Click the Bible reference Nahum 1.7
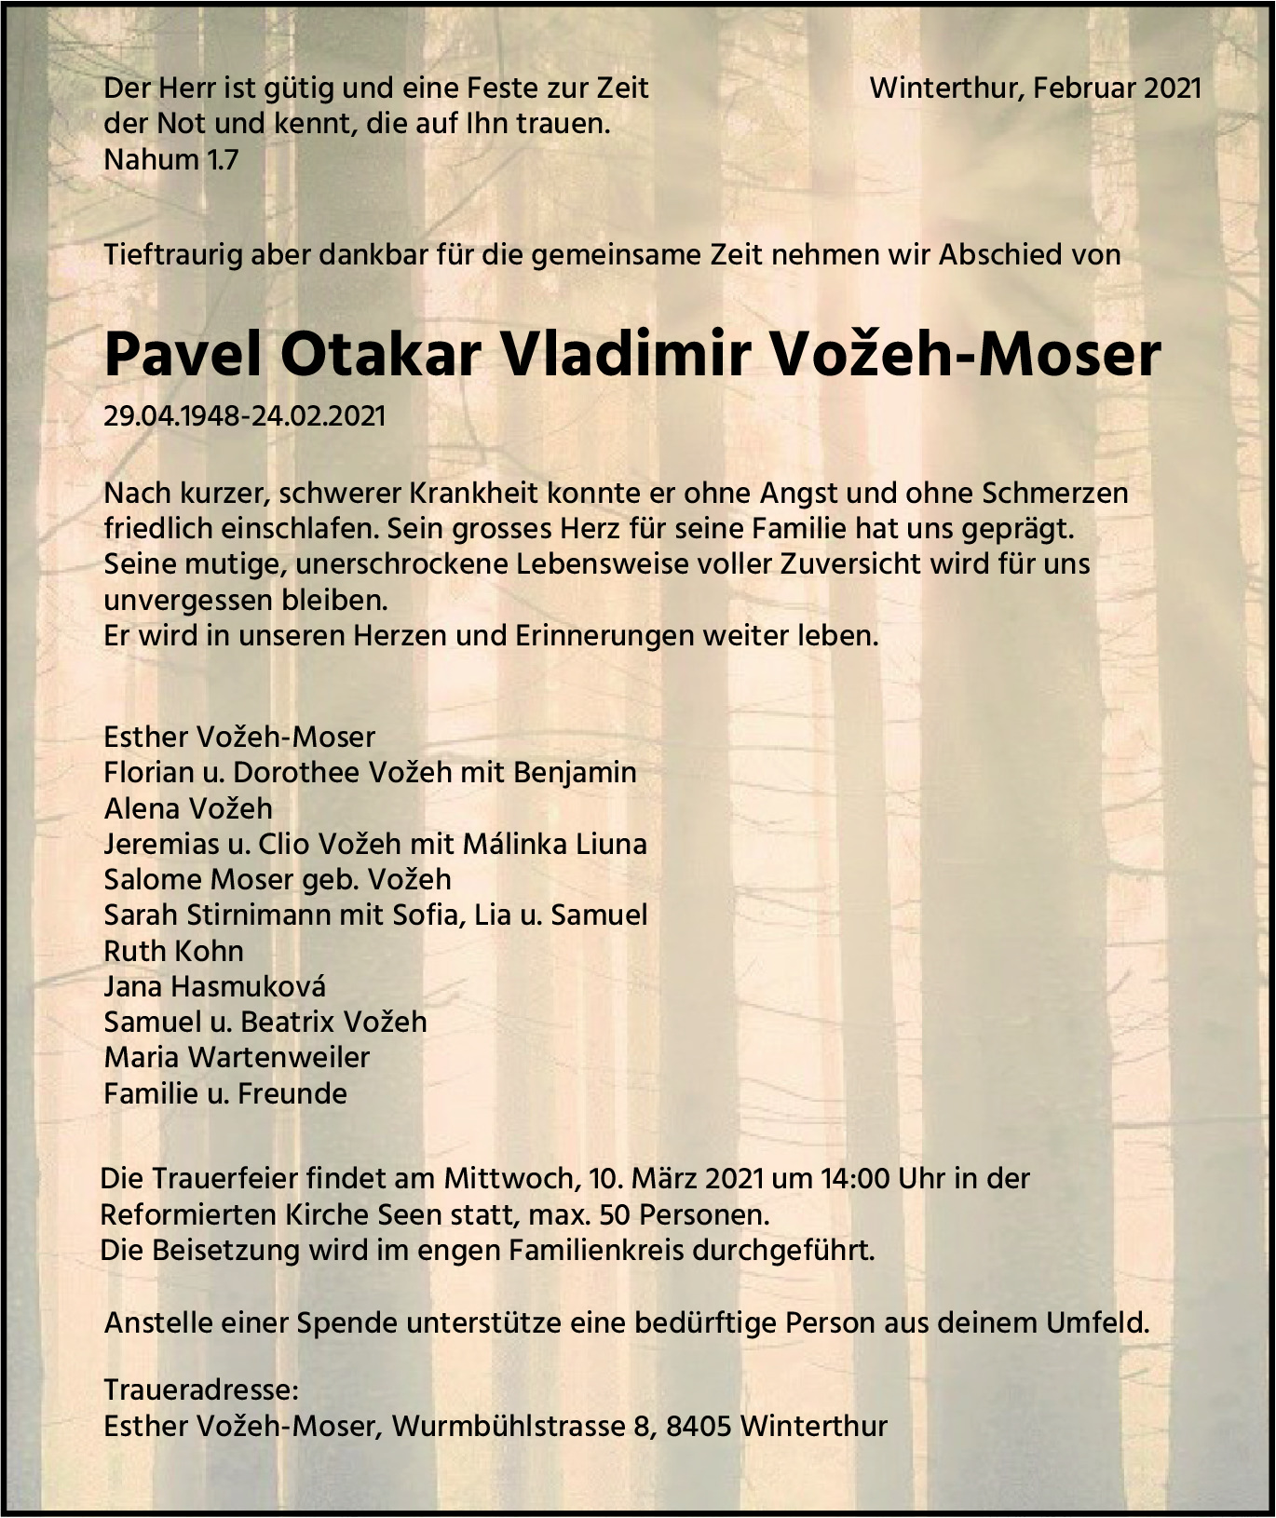pos(171,159)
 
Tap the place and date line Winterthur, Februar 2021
pos(1035,88)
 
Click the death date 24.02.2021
pos(317,415)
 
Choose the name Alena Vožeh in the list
pos(188,807)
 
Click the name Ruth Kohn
pos(173,951)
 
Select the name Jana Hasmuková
pos(214,986)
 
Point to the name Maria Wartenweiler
pos(237,1057)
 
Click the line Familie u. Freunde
pos(225,1092)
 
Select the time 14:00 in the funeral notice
pos(854,1178)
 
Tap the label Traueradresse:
pos(201,1389)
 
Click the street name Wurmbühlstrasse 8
pos(521,1426)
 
